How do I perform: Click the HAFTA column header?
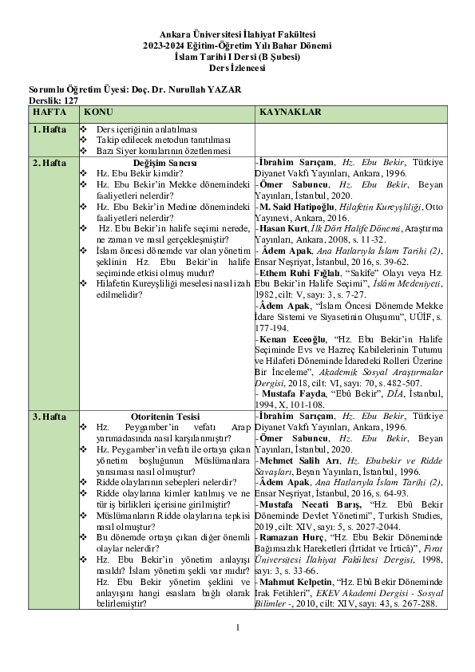(49, 113)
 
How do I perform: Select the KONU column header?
(99, 113)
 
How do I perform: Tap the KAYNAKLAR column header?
(290, 113)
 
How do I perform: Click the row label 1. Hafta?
(49, 128)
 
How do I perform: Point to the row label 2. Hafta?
(49, 162)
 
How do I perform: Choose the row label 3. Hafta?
(49, 417)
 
